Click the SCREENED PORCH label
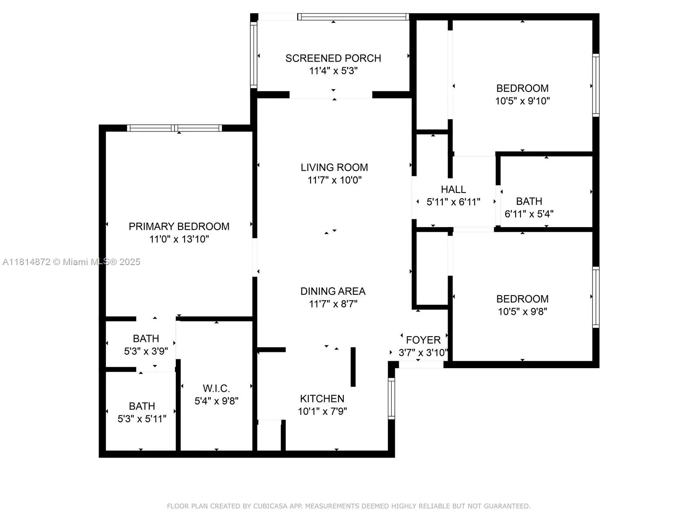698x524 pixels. click(333, 58)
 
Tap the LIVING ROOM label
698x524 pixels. click(334, 167)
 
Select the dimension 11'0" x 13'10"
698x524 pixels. click(179, 239)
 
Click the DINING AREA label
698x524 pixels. click(333, 291)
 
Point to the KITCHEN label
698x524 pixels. click(322, 399)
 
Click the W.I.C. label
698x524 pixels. click(216, 389)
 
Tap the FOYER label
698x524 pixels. click(423, 340)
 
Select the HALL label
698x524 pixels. click(453, 190)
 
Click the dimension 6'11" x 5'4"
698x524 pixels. click(529, 214)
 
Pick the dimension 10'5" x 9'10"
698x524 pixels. click(522, 101)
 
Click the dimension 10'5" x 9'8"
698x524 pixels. click(522, 312)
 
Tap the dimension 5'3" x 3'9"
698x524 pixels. click(146, 352)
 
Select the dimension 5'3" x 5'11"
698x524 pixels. click(142, 419)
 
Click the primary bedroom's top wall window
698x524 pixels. click(174, 128)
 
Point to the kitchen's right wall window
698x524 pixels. click(391, 398)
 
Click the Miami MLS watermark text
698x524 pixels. click(71, 262)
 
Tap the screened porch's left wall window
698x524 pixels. click(253, 55)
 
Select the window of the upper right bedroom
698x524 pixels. click(595, 85)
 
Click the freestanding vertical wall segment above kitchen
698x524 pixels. click(353, 367)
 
